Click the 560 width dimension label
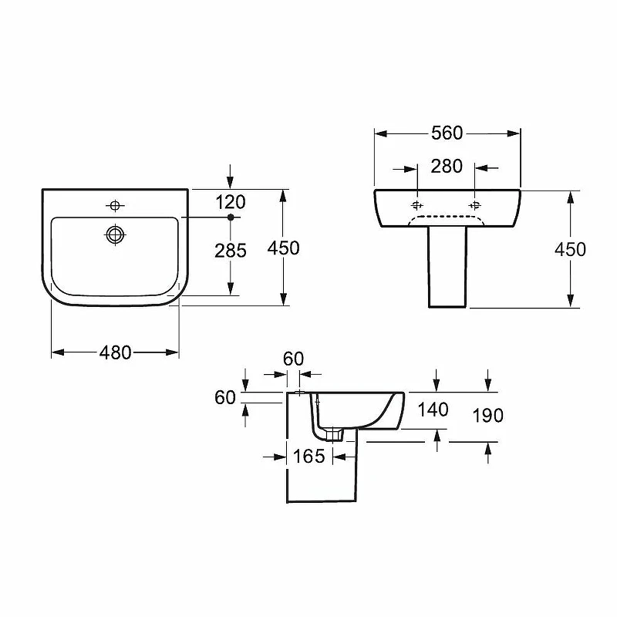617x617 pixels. pos(447,133)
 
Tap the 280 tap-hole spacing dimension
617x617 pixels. pos(447,167)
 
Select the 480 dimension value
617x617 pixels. pos(115,352)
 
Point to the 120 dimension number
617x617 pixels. pos(231,202)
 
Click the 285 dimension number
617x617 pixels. pos(231,251)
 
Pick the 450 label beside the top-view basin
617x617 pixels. pos(283,248)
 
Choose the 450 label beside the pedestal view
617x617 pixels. pos(570,249)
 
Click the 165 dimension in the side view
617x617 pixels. pos(309,457)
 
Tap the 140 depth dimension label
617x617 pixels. pos(433,410)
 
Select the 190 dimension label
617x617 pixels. pos(488,416)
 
